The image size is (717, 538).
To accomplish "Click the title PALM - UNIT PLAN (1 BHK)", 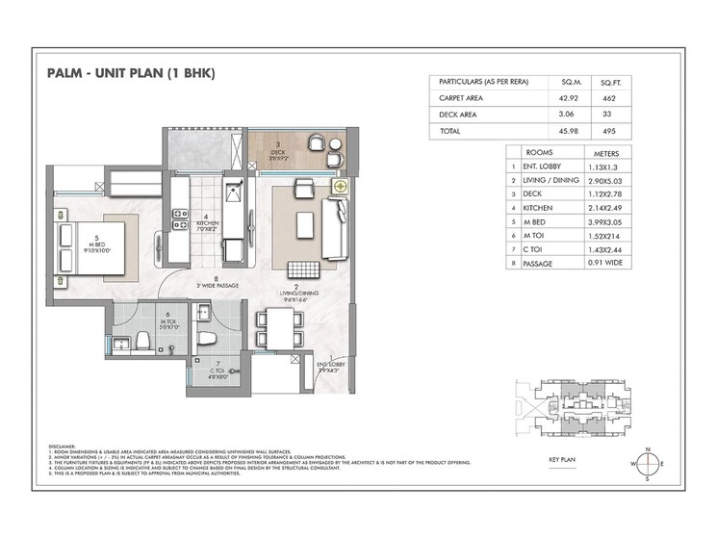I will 129,73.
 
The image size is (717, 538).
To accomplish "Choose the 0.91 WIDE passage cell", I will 613,261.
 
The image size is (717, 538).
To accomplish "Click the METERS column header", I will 613,152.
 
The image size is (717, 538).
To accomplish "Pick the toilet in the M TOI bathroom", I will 141,340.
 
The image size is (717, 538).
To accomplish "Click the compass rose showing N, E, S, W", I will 648,463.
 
